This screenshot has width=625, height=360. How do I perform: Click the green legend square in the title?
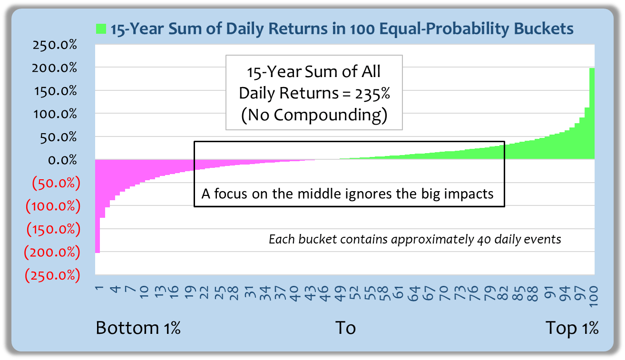pos(101,29)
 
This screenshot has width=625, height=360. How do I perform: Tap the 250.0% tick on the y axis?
pos(55,45)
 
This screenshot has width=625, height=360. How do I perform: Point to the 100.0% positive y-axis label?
pos(55,114)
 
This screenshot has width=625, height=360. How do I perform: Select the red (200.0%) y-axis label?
pos(52,252)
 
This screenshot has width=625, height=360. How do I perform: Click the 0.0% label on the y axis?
pos(62,160)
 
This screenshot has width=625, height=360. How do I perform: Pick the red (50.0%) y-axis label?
pos(56,184)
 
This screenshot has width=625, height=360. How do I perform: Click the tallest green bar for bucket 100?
pos(592,114)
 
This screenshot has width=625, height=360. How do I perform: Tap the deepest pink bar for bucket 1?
pos(98,206)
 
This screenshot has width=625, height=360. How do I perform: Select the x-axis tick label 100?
pos(594,296)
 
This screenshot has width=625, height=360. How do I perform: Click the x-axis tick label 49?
pos(340,293)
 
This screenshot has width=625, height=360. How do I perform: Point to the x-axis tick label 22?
pos(204,293)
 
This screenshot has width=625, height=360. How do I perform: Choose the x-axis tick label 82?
pos(503,293)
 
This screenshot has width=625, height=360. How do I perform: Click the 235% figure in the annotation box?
pos(372,93)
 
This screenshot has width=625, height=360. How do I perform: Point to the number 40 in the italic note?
pos(484,239)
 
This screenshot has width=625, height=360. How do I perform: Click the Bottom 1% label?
pos(138,328)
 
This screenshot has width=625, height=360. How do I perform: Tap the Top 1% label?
pos(572,328)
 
